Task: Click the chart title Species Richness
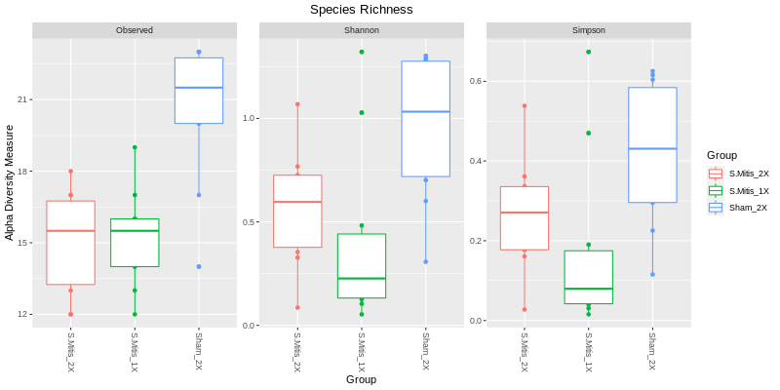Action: pos(361,10)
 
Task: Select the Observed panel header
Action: pos(135,30)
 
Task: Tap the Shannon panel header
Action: pos(361,30)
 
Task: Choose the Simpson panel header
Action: pos(588,30)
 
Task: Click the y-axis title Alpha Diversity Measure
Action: pos(10,182)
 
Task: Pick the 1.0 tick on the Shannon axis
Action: pos(248,118)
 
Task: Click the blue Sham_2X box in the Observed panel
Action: pos(199,91)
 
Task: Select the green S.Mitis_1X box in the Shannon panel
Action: pos(362,265)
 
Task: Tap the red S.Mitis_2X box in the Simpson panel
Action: pos(525,218)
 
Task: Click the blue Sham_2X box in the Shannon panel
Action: pos(426,119)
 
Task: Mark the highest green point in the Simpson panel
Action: pos(589,52)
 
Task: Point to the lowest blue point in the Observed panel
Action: pos(199,266)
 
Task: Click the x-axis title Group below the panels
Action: pos(361,379)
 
